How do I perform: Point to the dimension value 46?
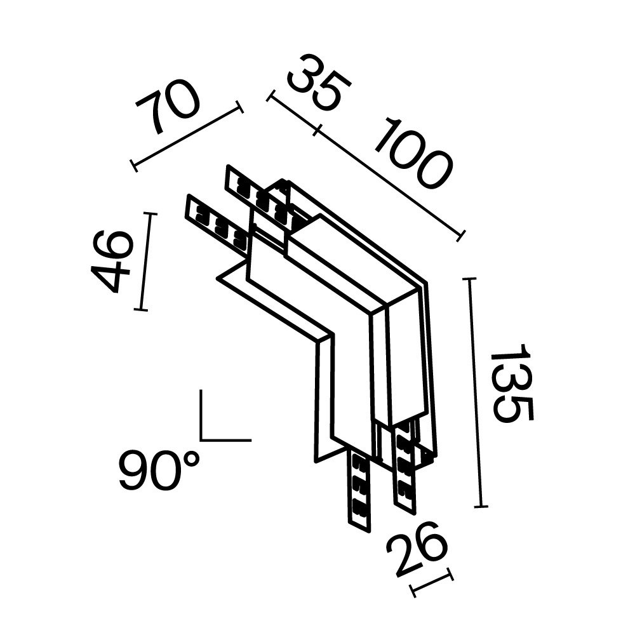click(112, 261)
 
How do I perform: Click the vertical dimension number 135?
click(512, 384)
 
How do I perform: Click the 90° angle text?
click(158, 469)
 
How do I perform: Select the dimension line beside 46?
click(144, 262)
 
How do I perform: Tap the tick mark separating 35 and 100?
click(317, 131)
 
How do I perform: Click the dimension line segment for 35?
click(293, 114)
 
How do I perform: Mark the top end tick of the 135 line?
click(469, 279)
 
